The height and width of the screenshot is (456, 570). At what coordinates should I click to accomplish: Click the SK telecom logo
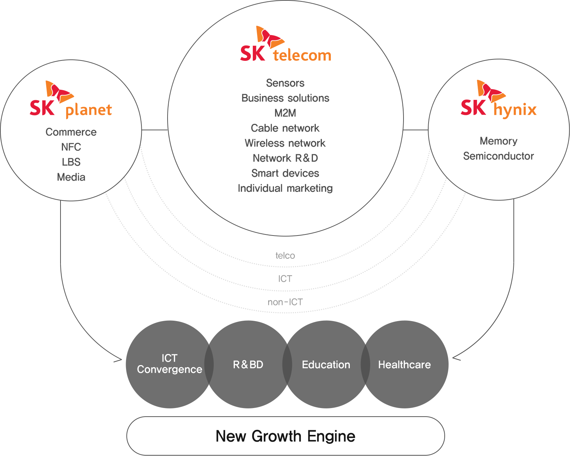click(285, 44)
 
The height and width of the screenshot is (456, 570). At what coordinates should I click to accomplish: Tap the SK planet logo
click(71, 100)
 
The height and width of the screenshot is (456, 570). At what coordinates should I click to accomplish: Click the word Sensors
click(285, 83)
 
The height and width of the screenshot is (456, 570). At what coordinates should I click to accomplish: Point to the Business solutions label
click(285, 98)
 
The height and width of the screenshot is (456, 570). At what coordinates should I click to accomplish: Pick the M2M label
click(285, 113)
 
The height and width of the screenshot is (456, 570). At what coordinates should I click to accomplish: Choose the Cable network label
click(285, 128)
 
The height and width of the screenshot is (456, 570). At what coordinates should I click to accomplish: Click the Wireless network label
click(285, 143)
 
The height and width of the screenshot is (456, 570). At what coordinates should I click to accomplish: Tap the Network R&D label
click(285, 158)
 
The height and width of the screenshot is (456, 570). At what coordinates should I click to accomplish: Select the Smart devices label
click(285, 173)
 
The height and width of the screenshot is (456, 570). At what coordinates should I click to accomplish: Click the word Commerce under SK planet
click(71, 132)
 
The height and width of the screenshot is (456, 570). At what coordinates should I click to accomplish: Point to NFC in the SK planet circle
click(71, 147)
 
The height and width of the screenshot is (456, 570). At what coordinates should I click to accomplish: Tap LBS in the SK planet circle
click(71, 162)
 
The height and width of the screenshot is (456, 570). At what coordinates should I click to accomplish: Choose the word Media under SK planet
click(71, 177)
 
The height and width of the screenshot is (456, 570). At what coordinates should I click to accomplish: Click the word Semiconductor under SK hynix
click(498, 156)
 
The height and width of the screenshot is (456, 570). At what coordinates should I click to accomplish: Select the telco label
click(285, 256)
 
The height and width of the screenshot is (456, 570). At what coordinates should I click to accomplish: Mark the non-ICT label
click(285, 302)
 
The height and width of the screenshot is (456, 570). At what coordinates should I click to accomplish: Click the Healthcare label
click(404, 365)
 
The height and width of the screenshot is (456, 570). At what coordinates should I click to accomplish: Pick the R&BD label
click(248, 365)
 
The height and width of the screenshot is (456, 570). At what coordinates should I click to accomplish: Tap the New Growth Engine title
click(285, 436)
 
